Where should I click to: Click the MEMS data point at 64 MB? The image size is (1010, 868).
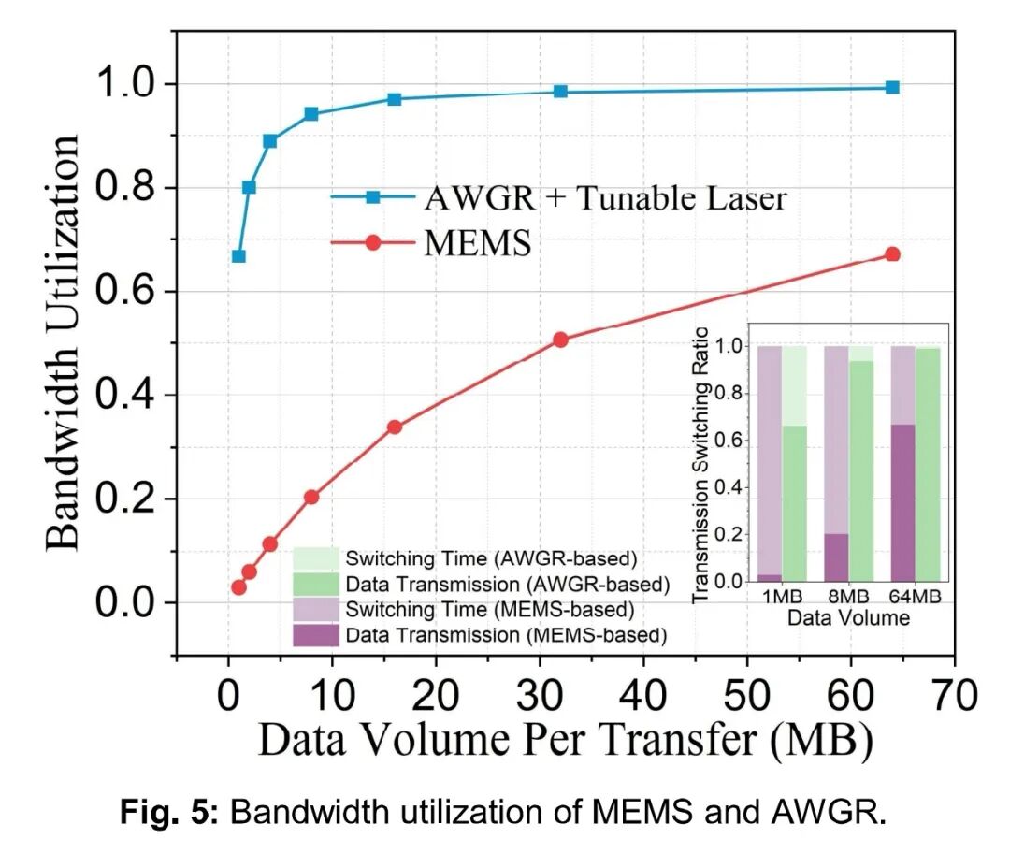tap(892, 254)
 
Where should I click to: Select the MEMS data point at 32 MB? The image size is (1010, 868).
tap(560, 340)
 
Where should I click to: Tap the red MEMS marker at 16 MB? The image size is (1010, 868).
tap(395, 427)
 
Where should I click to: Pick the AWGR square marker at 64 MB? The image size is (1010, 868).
tap(892, 87)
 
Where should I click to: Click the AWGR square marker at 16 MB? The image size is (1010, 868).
tap(395, 99)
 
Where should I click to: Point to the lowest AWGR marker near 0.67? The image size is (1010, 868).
tap(238, 256)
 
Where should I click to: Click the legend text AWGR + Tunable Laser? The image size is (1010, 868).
tap(605, 198)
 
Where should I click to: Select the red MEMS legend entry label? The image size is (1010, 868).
tap(478, 244)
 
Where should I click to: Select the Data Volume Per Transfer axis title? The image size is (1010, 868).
tap(565, 741)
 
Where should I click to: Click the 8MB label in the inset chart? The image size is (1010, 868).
tap(848, 597)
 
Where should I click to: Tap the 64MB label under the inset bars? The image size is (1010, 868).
tap(916, 597)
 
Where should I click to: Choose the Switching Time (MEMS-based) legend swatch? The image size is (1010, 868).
tap(316, 610)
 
